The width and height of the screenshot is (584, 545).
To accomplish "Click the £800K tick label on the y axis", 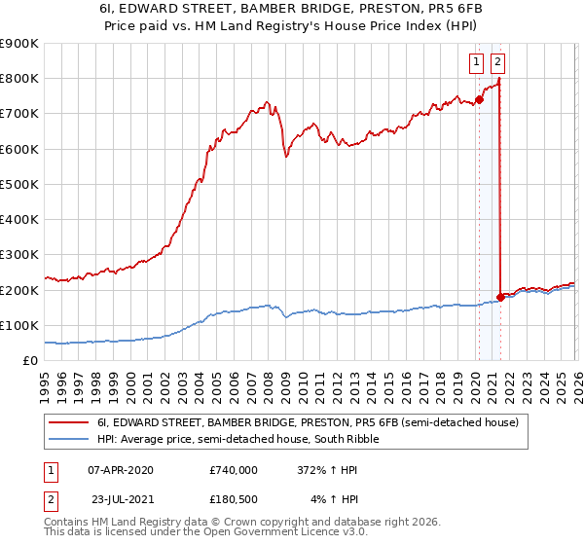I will (x=19, y=79).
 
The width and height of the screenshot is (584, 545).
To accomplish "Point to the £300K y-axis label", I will (x=19, y=255).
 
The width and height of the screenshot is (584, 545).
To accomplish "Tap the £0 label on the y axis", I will (x=30, y=361).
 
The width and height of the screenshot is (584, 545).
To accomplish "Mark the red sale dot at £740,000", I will (x=479, y=99).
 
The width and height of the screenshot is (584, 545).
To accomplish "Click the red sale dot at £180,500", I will (x=500, y=297).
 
